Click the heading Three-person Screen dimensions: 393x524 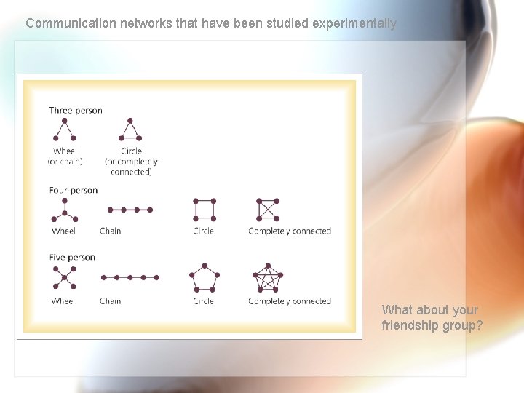pyautogui.click(x=76, y=111)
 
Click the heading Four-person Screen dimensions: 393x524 pyautogui.click(x=73, y=191)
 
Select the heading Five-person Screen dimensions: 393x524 pyautogui.click(x=72, y=257)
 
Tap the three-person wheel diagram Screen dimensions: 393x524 pyautogui.click(x=64, y=130)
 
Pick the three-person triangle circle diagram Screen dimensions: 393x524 pyautogui.click(x=131, y=130)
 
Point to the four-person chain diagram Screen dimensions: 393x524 pyautogui.click(x=130, y=210)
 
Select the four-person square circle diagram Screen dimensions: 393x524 pyautogui.click(x=204, y=209)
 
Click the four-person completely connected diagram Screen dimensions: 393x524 pyautogui.click(x=268, y=209)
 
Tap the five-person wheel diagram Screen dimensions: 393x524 pyautogui.click(x=64, y=277)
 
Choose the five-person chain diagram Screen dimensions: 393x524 pyautogui.click(x=130, y=277)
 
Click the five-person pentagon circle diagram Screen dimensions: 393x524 pyautogui.click(x=204, y=277)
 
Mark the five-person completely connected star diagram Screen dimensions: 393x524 pyautogui.click(x=267, y=277)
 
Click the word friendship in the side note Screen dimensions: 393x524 pyautogui.click(x=408, y=325)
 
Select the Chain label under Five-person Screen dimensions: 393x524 pyautogui.click(x=110, y=301)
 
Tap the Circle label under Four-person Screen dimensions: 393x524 pyautogui.click(x=204, y=231)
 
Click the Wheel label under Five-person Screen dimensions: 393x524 pyautogui.click(x=63, y=301)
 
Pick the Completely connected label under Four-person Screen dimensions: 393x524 pyautogui.click(x=290, y=231)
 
